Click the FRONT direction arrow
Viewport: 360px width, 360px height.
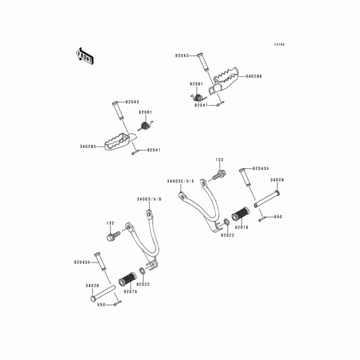pos(85,56)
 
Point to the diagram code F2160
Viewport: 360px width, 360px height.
pos(279,45)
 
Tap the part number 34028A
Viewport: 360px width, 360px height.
pos(88,146)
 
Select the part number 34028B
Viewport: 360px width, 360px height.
pos(254,76)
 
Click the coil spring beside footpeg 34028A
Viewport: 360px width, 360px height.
pos(145,126)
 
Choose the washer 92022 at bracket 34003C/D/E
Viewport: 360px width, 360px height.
pos(225,222)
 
